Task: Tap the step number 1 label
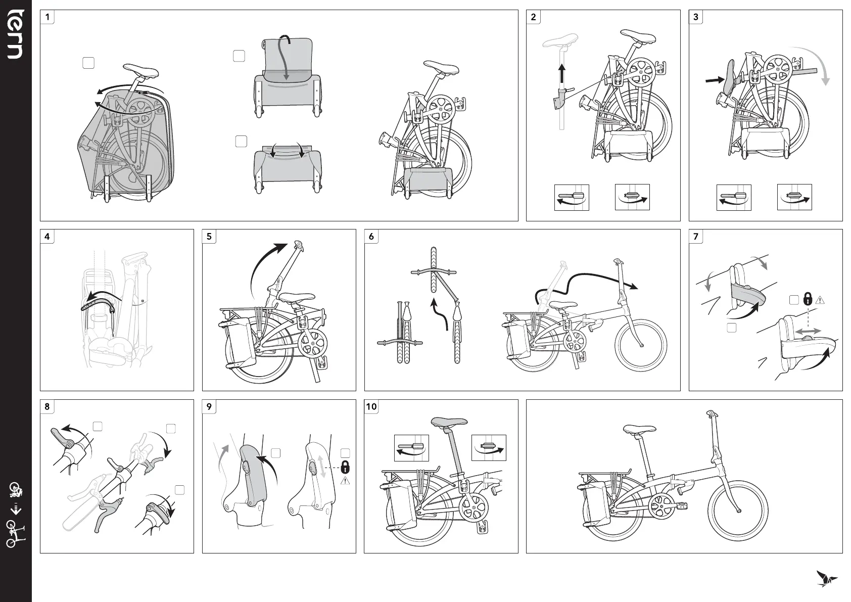(x=48, y=17)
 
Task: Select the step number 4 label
(x=48, y=237)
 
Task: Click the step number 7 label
(x=696, y=237)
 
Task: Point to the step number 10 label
(x=371, y=407)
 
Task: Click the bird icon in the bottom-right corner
(x=826, y=578)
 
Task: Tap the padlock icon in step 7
(x=808, y=299)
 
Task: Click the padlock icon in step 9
(x=345, y=466)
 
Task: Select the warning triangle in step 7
(x=820, y=300)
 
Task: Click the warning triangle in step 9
(x=346, y=481)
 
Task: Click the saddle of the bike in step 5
(x=289, y=298)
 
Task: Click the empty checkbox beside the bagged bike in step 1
(x=88, y=63)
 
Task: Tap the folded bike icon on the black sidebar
(x=16, y=490)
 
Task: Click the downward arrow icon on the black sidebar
(x=16, y=508)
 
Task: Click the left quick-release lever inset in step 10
(x=411, y=448)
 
